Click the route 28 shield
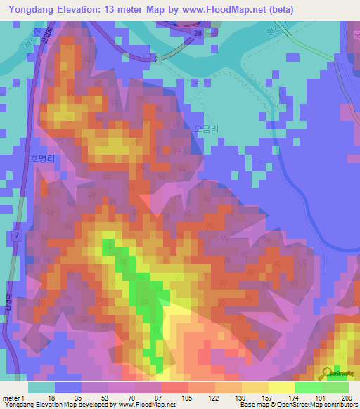[199, 33]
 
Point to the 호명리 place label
[41, 159]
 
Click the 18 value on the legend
[51, 397]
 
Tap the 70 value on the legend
[120, 397]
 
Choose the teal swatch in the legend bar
[41, 387]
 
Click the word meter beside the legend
[11, 397]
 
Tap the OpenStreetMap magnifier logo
[329, 372]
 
